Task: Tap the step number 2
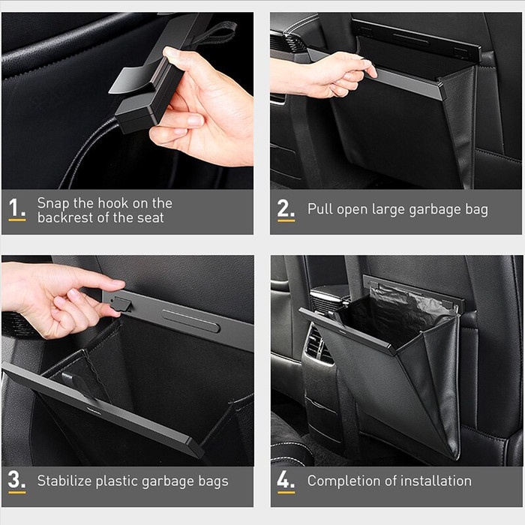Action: (x=285, y=207)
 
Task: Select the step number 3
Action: (x=16, y=479)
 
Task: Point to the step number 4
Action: (x=285, y=479)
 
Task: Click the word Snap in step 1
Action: (x=55, y=203)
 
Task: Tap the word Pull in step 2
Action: (x=320, y=209)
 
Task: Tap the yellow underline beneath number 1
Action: (x=16, y=220)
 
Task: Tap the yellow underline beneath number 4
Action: (x=286, y=493)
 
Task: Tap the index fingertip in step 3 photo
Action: (x=118, y=284)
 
